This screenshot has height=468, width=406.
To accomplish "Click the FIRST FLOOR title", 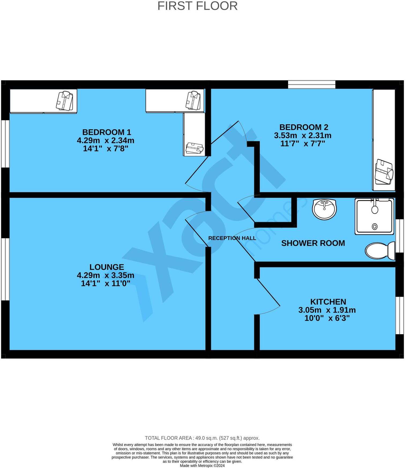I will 197,6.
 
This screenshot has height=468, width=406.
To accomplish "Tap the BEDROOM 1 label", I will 107,132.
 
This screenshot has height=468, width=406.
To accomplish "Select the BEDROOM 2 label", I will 304,127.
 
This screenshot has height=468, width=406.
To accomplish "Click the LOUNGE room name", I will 107,267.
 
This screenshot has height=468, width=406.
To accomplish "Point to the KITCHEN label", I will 328,302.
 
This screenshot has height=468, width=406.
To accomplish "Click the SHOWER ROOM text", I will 313,243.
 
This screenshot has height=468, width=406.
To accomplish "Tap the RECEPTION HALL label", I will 232,238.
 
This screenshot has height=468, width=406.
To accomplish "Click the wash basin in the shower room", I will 324,209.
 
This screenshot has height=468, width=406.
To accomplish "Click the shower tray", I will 375,216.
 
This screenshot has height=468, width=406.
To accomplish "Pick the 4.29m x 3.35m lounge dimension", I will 106,275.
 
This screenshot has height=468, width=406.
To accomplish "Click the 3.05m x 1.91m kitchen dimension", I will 327,310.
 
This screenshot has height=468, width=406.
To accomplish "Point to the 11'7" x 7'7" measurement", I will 303,144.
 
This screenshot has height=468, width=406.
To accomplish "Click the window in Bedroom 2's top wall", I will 312,84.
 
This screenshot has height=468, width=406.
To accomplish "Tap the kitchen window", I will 399,315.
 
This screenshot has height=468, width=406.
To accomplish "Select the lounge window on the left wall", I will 5,269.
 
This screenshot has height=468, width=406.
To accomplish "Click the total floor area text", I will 202,438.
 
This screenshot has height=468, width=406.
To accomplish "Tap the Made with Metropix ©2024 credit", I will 202,466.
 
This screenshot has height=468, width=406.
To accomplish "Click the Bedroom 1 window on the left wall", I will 5,144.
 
